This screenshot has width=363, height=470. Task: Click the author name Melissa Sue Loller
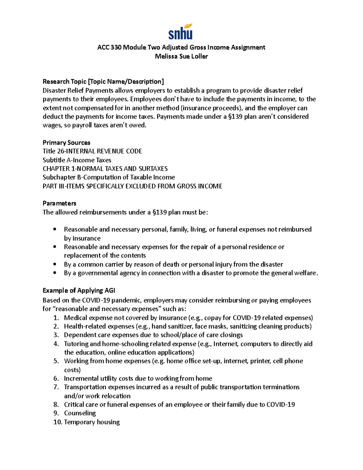pos(181,56)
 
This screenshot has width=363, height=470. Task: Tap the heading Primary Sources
pos(66,143)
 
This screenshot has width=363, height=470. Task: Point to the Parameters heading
pos(59,203)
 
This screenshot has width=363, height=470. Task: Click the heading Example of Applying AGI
pos(79,291)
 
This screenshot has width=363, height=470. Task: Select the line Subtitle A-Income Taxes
pos(77,160)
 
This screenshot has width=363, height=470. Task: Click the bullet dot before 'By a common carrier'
pos(55,264)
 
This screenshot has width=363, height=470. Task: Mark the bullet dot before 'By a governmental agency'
pos(55,273)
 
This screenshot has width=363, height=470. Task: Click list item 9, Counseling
pos(80,413)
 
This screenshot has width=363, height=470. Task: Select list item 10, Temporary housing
pos(92,422)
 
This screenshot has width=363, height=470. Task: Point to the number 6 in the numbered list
pos(56,378)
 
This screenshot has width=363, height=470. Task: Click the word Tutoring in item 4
pos(76,344)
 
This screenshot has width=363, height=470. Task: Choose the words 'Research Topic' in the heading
pos(64,82)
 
